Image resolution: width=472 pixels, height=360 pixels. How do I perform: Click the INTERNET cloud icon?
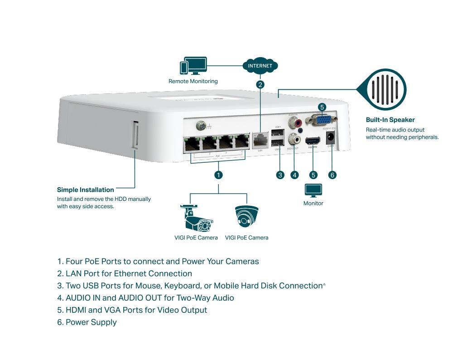pyautogui.click(x=260, y=66)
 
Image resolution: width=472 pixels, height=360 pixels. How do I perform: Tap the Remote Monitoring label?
pyautogui.click(x=193, y=82)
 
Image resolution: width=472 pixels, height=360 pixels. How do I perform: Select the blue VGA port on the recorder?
pyautogui.click(x=322, y=120)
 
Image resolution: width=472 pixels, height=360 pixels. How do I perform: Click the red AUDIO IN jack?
pyautogui.click(x=298, y=122)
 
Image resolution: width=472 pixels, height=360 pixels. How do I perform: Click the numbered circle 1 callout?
pyautogui.click(x=218, y=175)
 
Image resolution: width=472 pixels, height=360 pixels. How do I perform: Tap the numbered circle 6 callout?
pyautogui.click(x=332, y=175)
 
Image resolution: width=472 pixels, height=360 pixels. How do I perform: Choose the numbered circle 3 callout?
pyautogui.click(x=280, y=175)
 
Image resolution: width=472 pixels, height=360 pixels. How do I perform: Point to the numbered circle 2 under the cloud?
pyautogui.click(x=260, y=84)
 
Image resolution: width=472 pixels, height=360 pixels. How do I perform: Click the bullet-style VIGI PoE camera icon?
pyautogui.click(x=196, y=218)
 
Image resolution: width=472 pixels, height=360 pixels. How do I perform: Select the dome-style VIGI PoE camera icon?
pyautogui.click(x=247, y=217)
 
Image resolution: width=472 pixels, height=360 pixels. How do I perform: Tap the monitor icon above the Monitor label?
pyautogui.click(x=313, y=190)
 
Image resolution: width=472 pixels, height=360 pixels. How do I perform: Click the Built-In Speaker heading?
pyautogui.click(x=390, y=120)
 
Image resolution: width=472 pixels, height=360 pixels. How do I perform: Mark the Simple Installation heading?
pyautogui.click(x=86, y=190)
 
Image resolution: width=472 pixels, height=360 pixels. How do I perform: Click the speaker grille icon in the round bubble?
pyautogui.click(x=386, y=89)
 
